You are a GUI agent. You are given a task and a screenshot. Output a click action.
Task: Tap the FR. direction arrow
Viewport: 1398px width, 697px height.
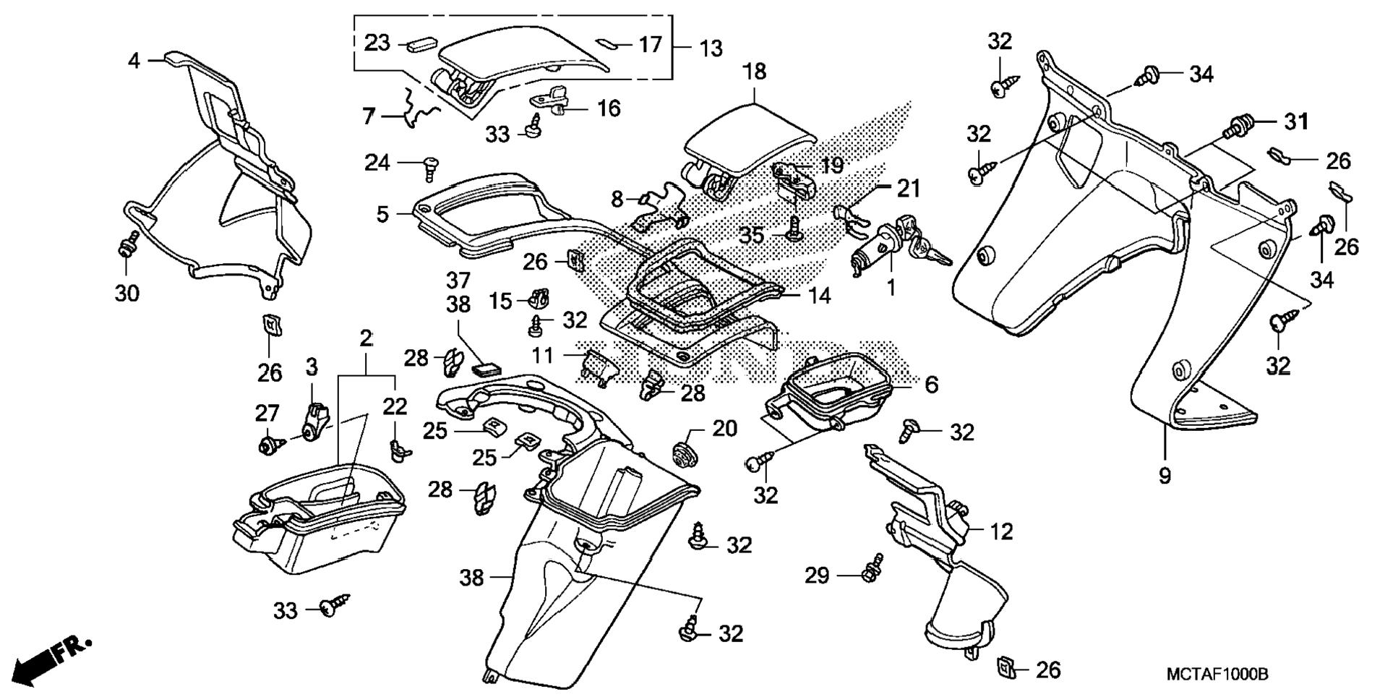coord(52,659)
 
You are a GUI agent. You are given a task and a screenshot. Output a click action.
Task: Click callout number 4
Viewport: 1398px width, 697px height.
coord(133,61)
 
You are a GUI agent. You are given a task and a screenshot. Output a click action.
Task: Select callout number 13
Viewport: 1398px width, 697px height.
coord(711,48)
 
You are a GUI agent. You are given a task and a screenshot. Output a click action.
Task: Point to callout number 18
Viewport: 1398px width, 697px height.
coord(754,72)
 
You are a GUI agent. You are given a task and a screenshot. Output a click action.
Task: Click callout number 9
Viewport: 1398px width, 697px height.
coord(1165,476)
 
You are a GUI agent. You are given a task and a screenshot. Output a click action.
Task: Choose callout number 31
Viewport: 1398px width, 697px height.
coord(1296,121)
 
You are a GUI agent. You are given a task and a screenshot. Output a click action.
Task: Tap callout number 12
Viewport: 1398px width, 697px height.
coord(1001,532)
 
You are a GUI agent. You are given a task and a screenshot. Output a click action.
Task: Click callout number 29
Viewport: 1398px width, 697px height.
coord(818,576)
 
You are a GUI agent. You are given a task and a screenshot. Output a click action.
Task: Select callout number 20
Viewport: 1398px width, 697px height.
coord(725,429)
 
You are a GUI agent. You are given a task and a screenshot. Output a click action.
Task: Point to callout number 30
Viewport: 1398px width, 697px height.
coord(126,294)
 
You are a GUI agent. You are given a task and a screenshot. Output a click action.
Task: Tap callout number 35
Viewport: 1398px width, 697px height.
coord(751,235)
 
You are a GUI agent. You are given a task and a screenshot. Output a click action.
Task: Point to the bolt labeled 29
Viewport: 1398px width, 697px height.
coord(874,568)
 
